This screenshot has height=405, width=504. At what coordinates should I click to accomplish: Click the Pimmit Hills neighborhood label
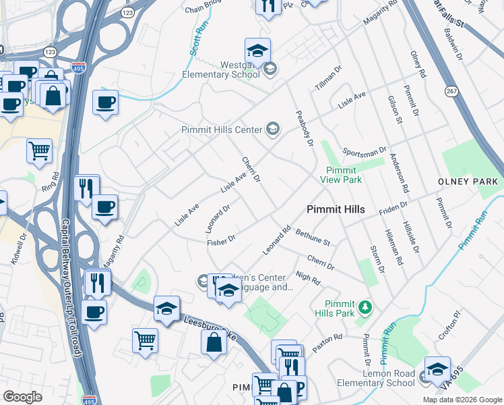click(x=336, y=209)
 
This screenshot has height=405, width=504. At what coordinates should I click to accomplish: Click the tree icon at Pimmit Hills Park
click(x=365, y=308)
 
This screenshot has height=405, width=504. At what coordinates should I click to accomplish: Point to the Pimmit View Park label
click(x=344, y=175)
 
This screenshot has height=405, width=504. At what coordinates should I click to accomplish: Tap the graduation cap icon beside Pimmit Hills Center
click(x=273, y=129)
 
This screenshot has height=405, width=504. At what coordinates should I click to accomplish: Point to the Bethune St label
click(x=313, y=237)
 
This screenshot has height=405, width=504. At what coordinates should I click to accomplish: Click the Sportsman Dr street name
click(x=364, y=151)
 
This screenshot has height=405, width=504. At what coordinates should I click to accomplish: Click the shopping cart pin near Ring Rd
click(x=39, y=151)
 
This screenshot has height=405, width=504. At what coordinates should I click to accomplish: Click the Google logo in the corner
click(x=23, y=397)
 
